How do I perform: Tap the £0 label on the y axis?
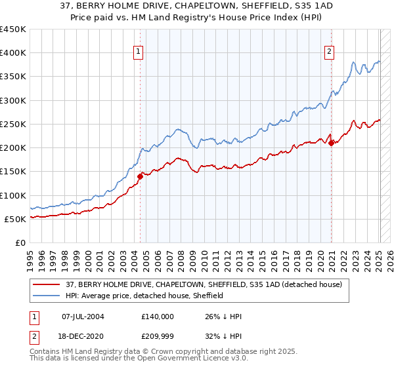tap(20, 242)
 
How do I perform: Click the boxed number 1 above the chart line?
tap(139, 54)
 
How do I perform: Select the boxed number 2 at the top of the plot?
tap(329, 54)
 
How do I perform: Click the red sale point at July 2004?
tap(140, 176)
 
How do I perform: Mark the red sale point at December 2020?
tap(332, 143)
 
